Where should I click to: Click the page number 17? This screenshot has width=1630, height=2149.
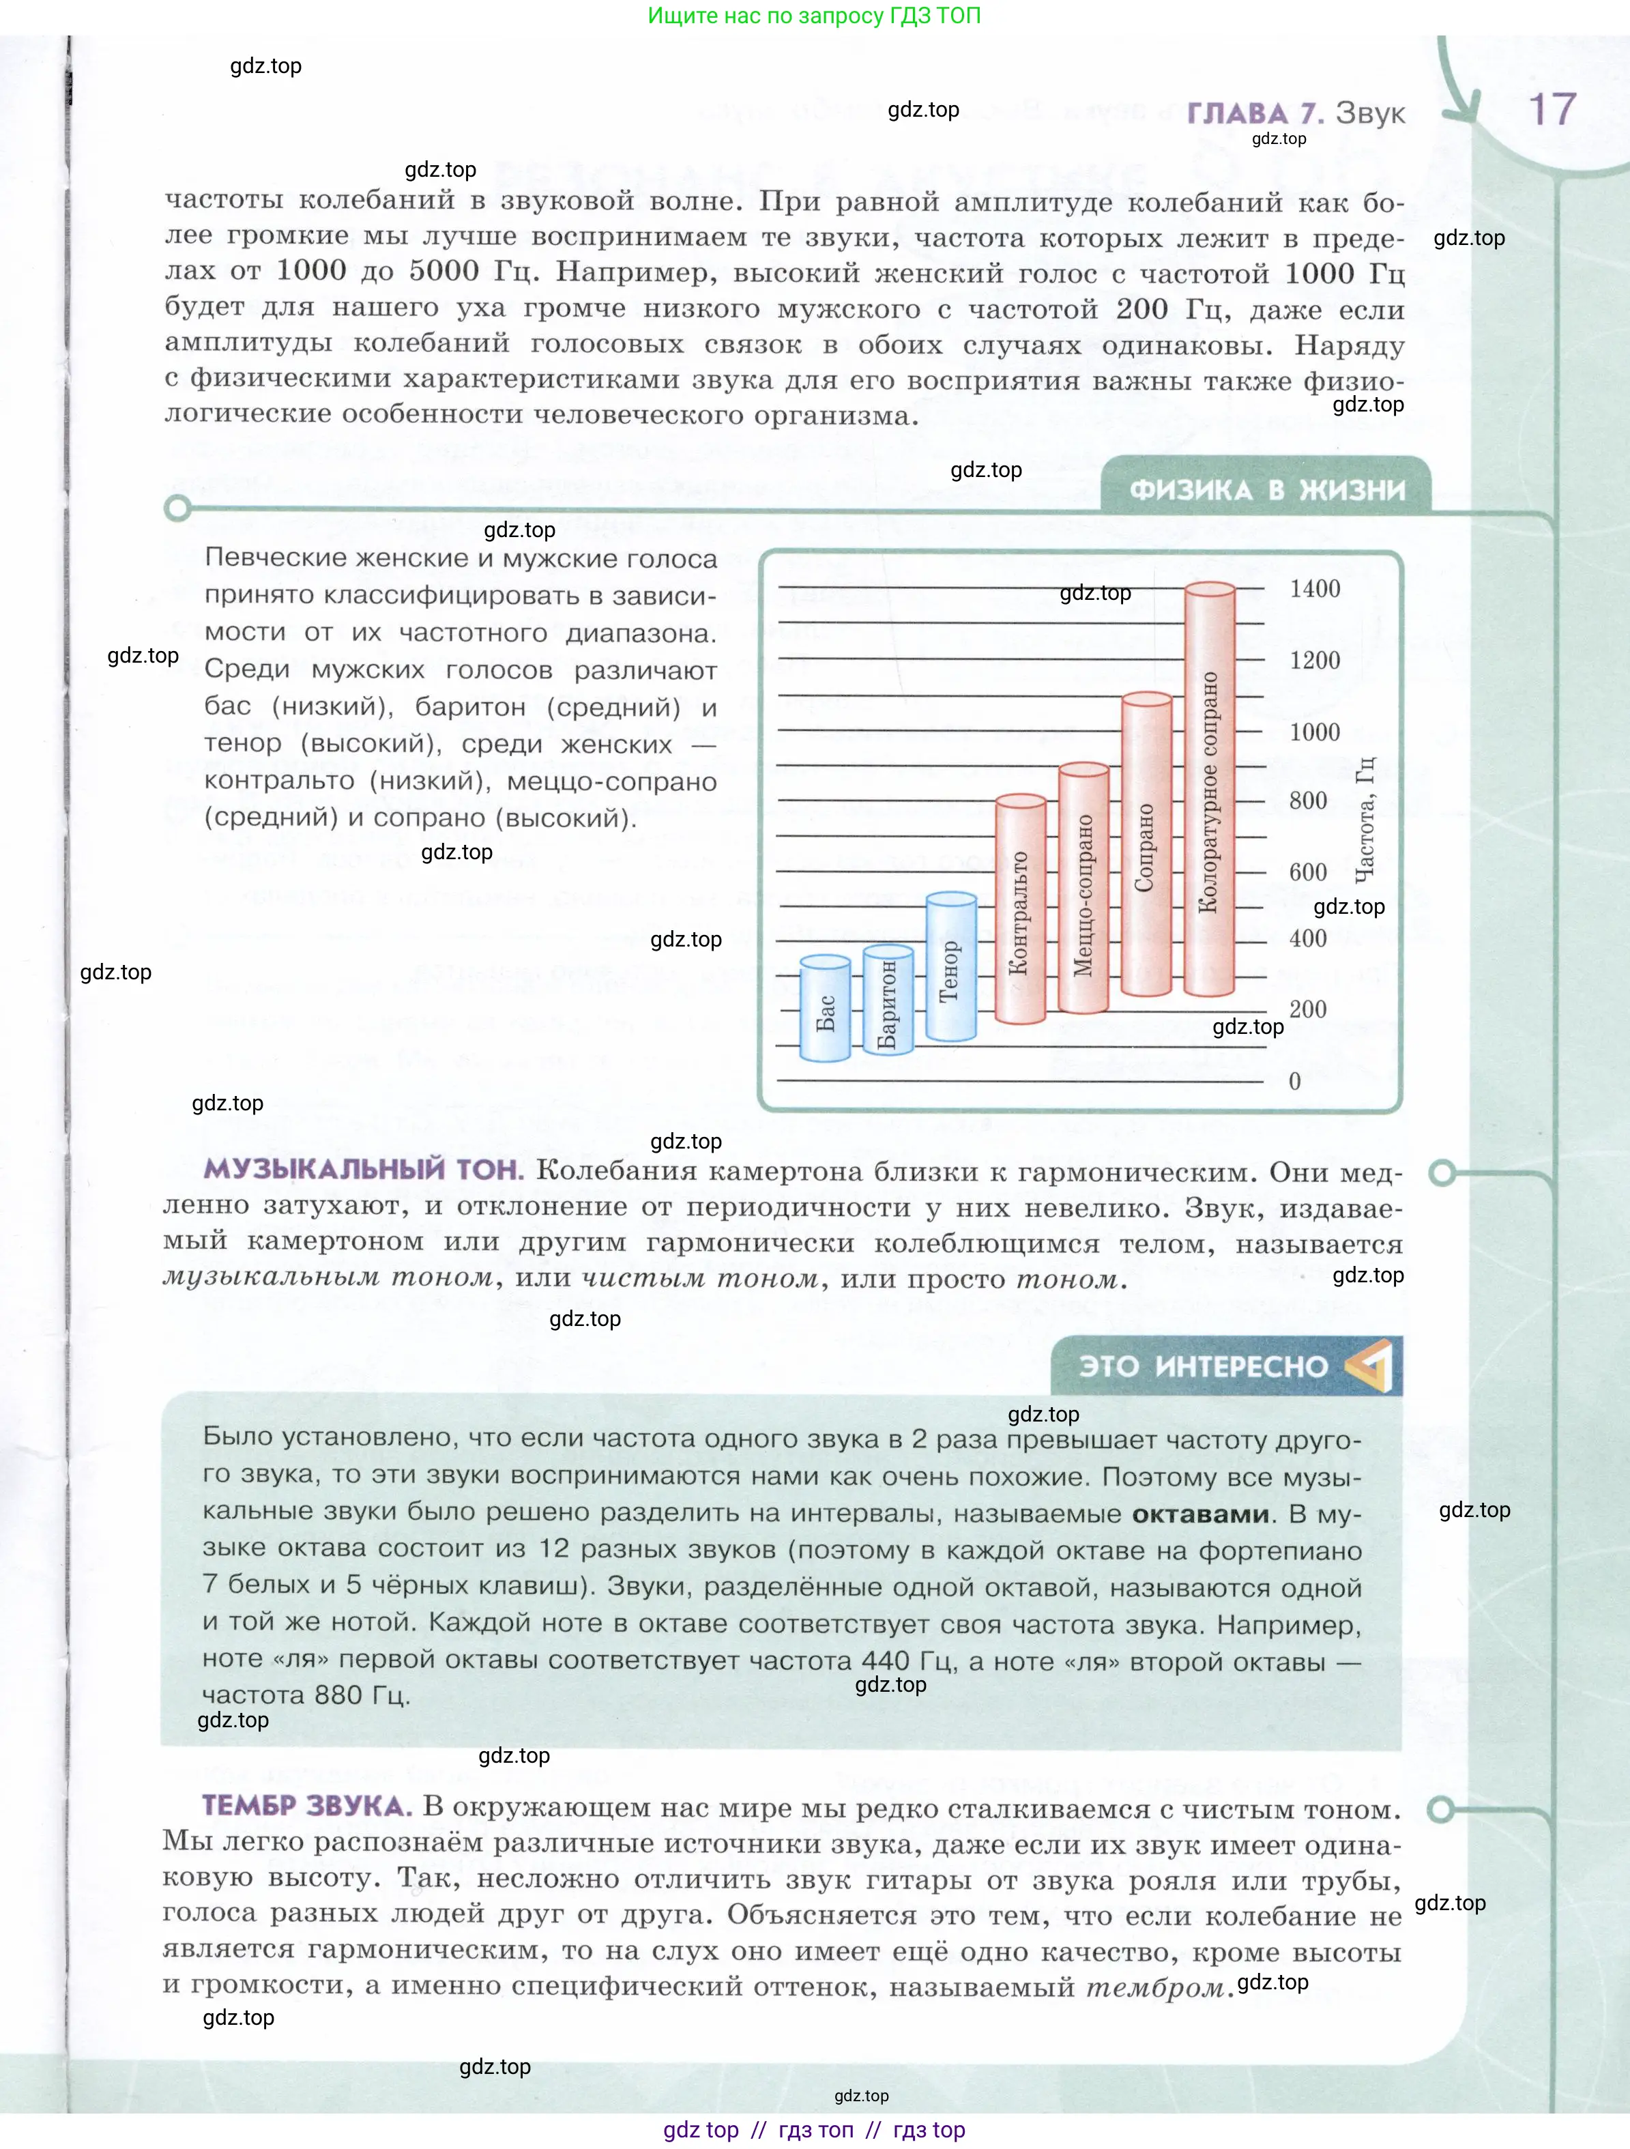(1552, 110)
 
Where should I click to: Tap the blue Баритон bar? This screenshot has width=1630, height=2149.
(888, 1000)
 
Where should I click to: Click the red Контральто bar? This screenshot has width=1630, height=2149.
(1020, 909)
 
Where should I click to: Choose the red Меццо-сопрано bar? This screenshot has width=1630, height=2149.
(1083, 889)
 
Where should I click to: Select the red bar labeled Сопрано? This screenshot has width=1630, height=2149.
(1146, 846)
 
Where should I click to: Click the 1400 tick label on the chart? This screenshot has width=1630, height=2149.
(1314, 589)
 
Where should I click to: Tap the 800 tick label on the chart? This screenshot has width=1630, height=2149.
(1307, 801)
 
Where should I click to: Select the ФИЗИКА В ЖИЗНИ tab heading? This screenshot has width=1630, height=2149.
(1267, 489)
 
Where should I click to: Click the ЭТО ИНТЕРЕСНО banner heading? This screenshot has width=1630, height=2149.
(1203, 1367)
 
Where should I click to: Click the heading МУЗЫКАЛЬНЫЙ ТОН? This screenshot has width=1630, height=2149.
(363, 1170)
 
